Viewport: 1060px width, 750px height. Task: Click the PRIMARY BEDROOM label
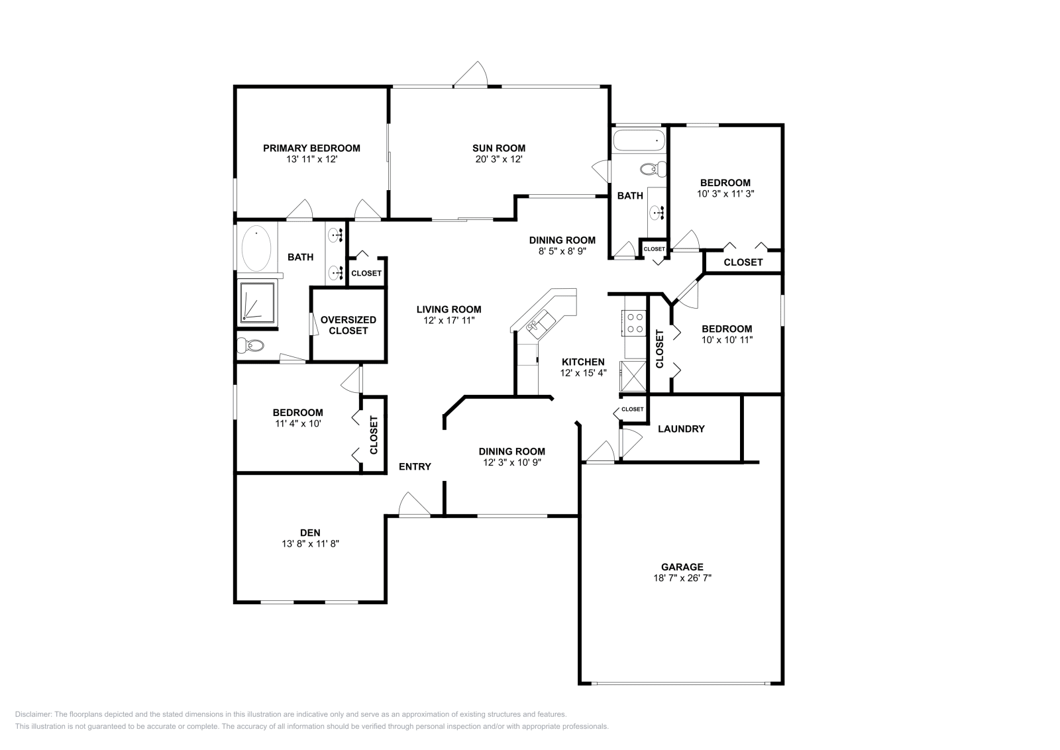[x=311, y=148]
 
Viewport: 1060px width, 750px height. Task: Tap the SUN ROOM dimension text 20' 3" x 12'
[x=499, y=159]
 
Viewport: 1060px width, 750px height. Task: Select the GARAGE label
[x=682, y=567]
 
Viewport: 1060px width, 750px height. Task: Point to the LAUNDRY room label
[x=681, y=429]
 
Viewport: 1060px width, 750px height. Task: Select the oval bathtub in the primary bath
[x=256, y=248]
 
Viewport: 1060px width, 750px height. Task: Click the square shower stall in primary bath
[x=257, y=303]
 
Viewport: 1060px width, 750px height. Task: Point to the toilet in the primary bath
[x=250, y=345]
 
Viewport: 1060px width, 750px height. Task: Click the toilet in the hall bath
[x=653, y=169]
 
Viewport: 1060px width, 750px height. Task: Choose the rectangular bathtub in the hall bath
[x=639, y=140]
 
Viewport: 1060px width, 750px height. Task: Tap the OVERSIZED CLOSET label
[x=348, y=325]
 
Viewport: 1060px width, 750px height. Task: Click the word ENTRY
[x=415, y=466]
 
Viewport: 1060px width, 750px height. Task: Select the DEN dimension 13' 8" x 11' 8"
[x=311, y=544]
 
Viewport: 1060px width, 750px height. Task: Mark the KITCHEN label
[x=583, y=362]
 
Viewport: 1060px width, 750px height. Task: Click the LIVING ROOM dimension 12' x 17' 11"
[x=449, y=321]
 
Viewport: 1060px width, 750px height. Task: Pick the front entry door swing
[x=413, y=504]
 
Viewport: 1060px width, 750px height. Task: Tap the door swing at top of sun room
[x=470, y=74]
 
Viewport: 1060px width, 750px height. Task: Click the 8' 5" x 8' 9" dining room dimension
[x=562, y=251]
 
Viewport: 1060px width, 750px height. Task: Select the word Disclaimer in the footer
[x=33, y=714]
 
